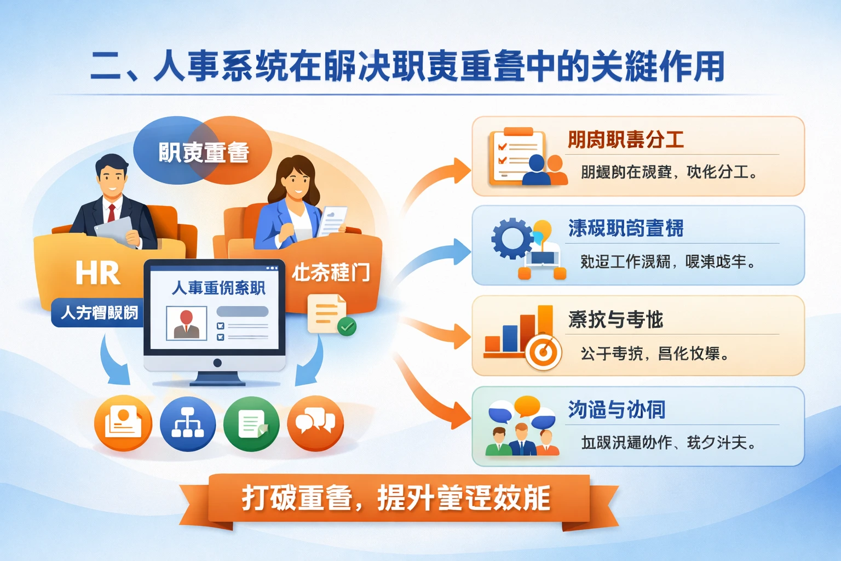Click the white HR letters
97,273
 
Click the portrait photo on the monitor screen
186,323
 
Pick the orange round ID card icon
123,423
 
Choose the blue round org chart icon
187,423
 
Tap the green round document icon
251,423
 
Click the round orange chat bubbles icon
315,423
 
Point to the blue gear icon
512,238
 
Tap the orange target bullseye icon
543,352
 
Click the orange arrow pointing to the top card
438,181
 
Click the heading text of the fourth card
617,410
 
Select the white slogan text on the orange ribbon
395,498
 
